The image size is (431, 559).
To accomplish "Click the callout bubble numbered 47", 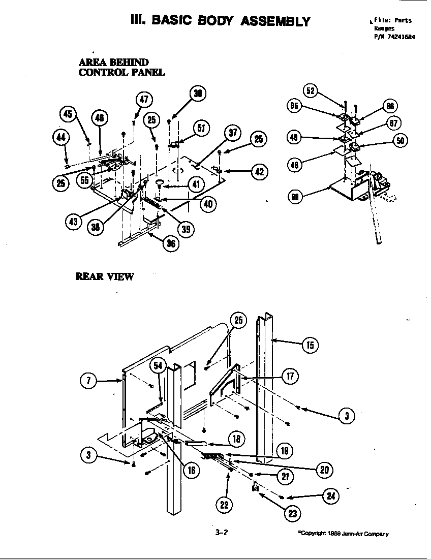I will (144, 100).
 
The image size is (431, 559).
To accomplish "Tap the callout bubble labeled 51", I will (201, 128).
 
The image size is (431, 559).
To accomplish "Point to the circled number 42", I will (259, 171).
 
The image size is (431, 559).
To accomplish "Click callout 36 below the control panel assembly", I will (172, 243).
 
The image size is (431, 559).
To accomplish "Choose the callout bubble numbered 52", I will (311, 91).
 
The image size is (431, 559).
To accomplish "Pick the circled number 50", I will (401, 141).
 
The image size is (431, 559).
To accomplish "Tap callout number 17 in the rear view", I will (290, 377).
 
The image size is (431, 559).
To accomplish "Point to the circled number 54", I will (158, 365).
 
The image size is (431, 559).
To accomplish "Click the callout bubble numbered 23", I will (292, 513).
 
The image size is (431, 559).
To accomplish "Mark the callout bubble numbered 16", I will (191, 470).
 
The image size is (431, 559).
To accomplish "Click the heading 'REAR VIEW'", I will (105, 276).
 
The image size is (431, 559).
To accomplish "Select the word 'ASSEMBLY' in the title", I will (275, 21).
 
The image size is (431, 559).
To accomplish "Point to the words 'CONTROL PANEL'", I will (121, 72).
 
